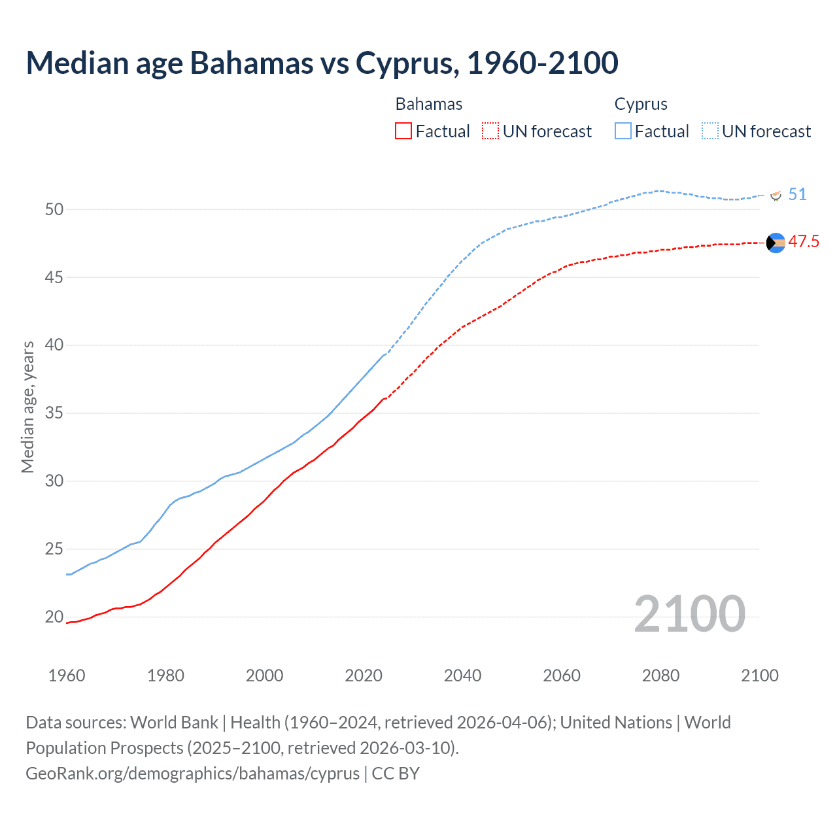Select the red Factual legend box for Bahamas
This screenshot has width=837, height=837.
403,131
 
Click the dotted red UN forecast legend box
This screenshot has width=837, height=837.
490,131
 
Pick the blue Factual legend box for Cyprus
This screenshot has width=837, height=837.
623,131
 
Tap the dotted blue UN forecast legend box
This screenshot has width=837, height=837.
710,131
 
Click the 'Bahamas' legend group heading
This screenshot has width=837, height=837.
429,104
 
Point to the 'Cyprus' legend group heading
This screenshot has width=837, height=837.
641,104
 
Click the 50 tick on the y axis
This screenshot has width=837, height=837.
54,209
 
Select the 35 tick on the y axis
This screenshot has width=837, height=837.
54,413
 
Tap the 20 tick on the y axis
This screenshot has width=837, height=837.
54,617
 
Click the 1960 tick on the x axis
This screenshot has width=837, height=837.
67,675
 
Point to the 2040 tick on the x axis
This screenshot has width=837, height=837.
462,675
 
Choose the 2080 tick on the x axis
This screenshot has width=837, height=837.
660,675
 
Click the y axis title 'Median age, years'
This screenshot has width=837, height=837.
27,407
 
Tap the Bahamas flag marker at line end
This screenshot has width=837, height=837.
776,243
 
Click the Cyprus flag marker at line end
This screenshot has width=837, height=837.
776,195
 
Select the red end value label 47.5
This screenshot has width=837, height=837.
803,241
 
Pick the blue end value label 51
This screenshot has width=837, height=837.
797,194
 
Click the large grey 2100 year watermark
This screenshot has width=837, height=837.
689,613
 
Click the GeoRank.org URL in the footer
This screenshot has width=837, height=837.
192,773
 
